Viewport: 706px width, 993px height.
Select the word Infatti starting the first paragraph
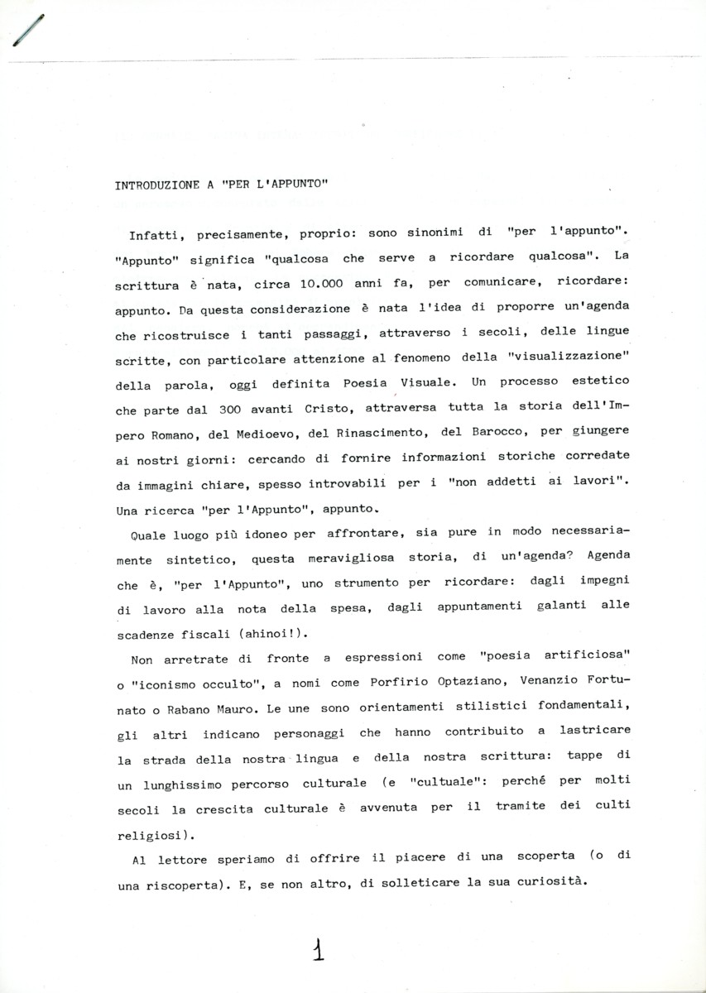pos(156,235)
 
